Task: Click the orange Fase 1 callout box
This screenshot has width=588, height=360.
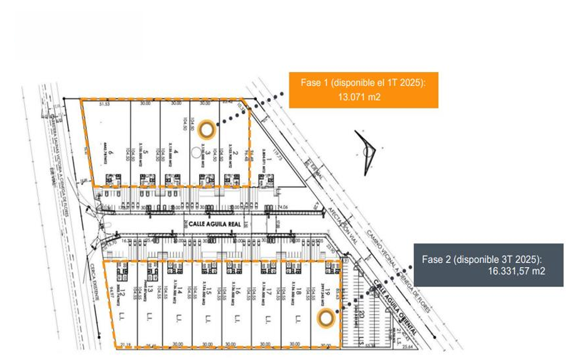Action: [362, 90]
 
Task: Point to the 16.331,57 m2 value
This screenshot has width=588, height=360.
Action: [516, 271]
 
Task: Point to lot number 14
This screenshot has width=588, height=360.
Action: [181, 291]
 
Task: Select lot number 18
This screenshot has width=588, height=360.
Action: [299, 291]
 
